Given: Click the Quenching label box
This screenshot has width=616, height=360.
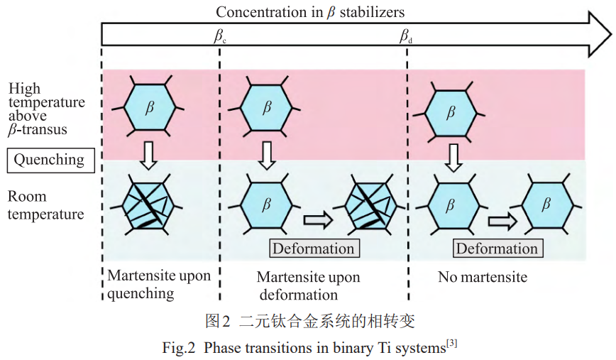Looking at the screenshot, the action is [50, 160].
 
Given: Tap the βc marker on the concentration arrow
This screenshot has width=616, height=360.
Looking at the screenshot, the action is [220, 36].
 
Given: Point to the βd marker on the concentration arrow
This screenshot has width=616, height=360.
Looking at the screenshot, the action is [406, 36].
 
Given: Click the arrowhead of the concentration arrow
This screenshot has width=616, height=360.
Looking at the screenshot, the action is [600, 34].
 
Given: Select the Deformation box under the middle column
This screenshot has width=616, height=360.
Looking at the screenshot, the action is [314, 249].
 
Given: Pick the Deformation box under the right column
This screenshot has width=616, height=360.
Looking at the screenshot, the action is [497, 249].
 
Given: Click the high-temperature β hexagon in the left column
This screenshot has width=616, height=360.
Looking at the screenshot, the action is [149, 107].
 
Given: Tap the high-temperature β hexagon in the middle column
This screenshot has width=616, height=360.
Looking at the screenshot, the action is [266, 107].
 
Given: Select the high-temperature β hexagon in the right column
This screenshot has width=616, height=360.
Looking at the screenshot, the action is [451, 114].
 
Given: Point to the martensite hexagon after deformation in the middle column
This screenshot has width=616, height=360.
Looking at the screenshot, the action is [370, 205].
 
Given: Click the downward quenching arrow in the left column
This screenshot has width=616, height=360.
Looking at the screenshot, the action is [149, 156].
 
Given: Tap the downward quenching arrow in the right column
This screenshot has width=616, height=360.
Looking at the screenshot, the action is [453, 158].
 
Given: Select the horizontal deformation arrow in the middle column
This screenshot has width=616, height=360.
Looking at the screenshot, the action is [318, 219].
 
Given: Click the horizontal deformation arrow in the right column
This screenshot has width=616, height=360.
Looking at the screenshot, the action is [502, 221].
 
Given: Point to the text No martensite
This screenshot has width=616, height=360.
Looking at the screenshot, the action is [483, 277].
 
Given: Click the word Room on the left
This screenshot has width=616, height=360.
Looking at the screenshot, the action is [27, 196].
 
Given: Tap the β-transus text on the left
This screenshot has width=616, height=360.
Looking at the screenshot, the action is [38, 130].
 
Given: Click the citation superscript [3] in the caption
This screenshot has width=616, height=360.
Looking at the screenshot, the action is [452, 344].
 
